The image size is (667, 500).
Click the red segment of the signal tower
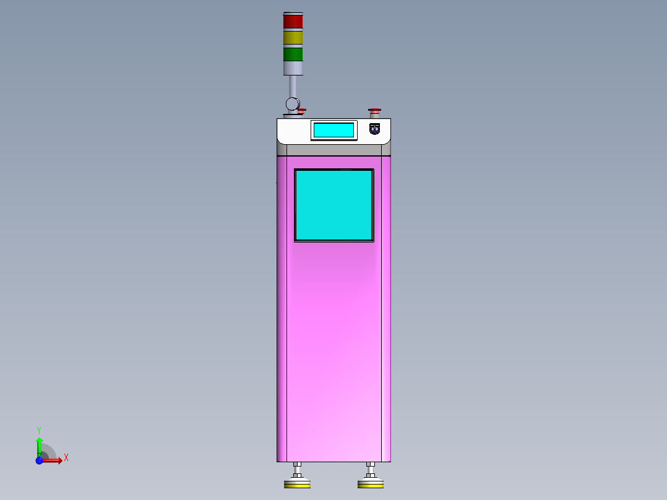293,22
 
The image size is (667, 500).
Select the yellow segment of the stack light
293,38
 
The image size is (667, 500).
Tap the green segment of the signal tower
293,54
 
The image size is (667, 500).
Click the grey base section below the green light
293,67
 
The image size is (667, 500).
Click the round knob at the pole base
292,103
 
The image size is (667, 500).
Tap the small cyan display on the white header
333,130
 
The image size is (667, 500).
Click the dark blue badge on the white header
374,129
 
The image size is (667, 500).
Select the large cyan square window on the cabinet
333,205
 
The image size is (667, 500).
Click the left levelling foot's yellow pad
296,485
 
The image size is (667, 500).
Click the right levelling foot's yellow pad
370,485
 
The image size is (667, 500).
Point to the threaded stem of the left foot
298,470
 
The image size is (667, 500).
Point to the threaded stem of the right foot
370,470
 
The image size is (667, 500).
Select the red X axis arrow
53,460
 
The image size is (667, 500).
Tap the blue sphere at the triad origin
39,460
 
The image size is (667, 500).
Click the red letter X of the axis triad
66,458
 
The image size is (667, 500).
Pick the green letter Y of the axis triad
39,429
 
